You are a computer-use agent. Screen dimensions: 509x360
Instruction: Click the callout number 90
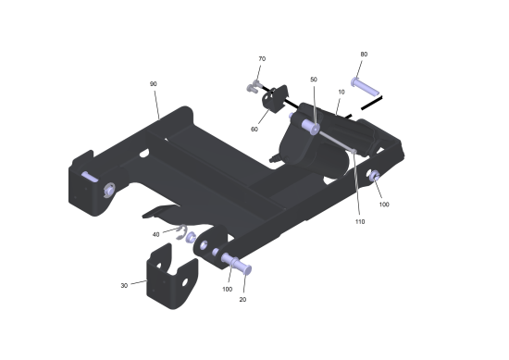[x=154, y=83]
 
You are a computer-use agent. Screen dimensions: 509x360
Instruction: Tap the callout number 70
[x=262, y=58]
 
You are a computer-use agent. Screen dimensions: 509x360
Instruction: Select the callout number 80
[x=364, y=55]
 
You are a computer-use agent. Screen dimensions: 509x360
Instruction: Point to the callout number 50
[x=314, y=80]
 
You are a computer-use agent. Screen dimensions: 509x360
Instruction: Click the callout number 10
[x=341, y=92]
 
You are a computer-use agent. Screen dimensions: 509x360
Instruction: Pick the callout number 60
[x=254, y=130]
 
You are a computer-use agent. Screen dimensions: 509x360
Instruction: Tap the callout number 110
[x=360, y=222]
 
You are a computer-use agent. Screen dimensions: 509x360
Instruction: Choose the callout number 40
[x=155, y=234]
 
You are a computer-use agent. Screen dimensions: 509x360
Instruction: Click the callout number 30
[x=124, y=286]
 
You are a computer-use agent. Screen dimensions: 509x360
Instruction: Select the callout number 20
[x=242, y=300]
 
